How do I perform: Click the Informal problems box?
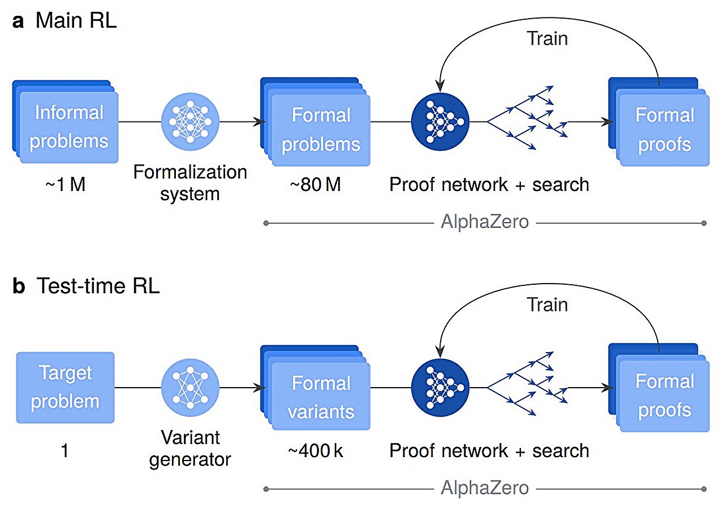pyautogui.click(x=68, y=127)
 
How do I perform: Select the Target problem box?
pyautogui.click(x=65, y=387)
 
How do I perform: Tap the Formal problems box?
pyautogui.click(x=320, y=130)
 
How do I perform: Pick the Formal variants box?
pyautogui.click(x=320, y=397)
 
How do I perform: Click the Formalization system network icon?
pyautogui.click(x=190, y=121)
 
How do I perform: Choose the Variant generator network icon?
pyautogui.click(x=190, y=387)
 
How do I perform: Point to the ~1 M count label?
pyautogui.click(x=65, y=184)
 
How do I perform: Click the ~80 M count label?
pyautogui.click(x=315, y=184)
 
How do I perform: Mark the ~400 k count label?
pyautogui.click(x=315, y=451)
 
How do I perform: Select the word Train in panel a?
pyautogui.click(x=547, y=38)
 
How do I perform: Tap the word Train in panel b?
pyautogui.click(x=547, y=305)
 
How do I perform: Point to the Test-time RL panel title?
pyautogui.click(x=87, y=286)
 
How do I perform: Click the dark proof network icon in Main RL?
pyautogui.click(x=441, y=121)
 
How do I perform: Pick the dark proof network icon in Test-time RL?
pyautogui.click(x=441, y=387)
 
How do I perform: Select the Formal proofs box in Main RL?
pyautogui.click(x=663, y=130)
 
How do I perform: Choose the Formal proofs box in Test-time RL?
pyautogui.click(x=663, y=396)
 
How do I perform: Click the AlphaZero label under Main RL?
pyautogui.click(x=485, y=222)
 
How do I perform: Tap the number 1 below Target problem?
pyautogui.click(x=64, y=451)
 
